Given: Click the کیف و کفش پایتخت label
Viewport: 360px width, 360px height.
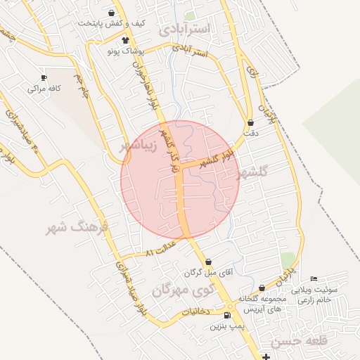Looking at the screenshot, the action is pos(112,23).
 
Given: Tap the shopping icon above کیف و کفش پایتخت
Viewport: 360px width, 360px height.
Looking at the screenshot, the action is pos(112,13).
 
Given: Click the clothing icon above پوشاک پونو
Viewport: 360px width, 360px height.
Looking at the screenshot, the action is pos(125,41).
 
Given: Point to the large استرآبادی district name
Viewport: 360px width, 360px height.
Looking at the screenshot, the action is pos(184,29).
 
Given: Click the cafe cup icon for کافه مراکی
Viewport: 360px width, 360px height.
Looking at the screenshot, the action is pos(44,78).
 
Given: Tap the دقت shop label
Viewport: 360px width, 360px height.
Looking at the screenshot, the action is pos(251,133).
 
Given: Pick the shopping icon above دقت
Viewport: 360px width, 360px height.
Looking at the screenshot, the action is pos(251,123).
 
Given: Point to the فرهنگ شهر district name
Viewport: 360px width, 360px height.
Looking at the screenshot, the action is pos(77,228).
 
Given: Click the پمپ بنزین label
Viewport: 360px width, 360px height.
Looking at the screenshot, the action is pos(226,326).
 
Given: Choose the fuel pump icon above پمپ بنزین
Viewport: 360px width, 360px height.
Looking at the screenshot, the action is pos(226,316).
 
